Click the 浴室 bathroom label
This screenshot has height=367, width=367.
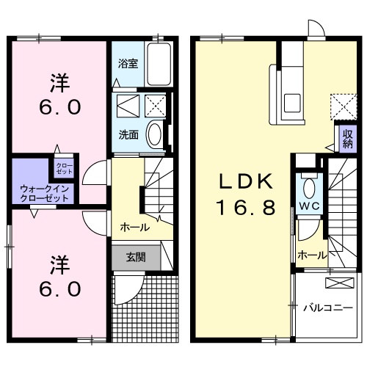(128, 63)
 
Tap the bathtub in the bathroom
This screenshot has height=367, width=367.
(159, 64)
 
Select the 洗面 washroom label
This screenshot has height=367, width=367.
(128, 134)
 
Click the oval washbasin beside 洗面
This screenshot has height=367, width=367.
(155, 134)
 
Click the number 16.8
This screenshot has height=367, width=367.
(244, 208)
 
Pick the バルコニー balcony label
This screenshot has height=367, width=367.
(327, 308)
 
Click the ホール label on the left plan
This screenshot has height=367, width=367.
(134, 227)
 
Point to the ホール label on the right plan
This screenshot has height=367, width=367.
(312, 255)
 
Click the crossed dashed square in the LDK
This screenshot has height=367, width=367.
(340, 104)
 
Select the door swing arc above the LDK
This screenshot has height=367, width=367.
(316, 29)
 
